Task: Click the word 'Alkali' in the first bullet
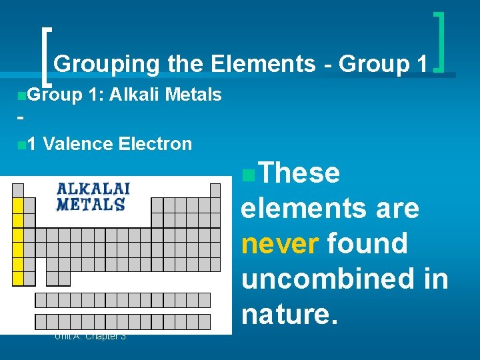click(135, 95)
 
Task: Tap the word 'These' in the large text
click(299, 173)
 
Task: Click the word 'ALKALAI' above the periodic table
click(93, 189)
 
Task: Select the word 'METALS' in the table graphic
click(90, 204)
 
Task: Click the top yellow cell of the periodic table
click(19, 205)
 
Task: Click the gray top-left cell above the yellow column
click(19, 190)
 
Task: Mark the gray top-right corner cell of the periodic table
click(215, 190)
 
